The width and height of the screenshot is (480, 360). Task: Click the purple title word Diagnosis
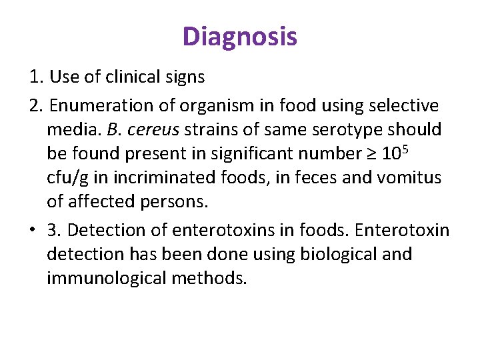240,36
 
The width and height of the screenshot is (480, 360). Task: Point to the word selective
405,105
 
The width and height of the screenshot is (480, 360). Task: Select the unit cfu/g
68,178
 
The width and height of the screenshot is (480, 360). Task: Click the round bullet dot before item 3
33,230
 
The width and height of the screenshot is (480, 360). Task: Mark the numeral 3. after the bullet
54,230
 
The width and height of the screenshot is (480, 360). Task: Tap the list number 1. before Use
37,77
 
